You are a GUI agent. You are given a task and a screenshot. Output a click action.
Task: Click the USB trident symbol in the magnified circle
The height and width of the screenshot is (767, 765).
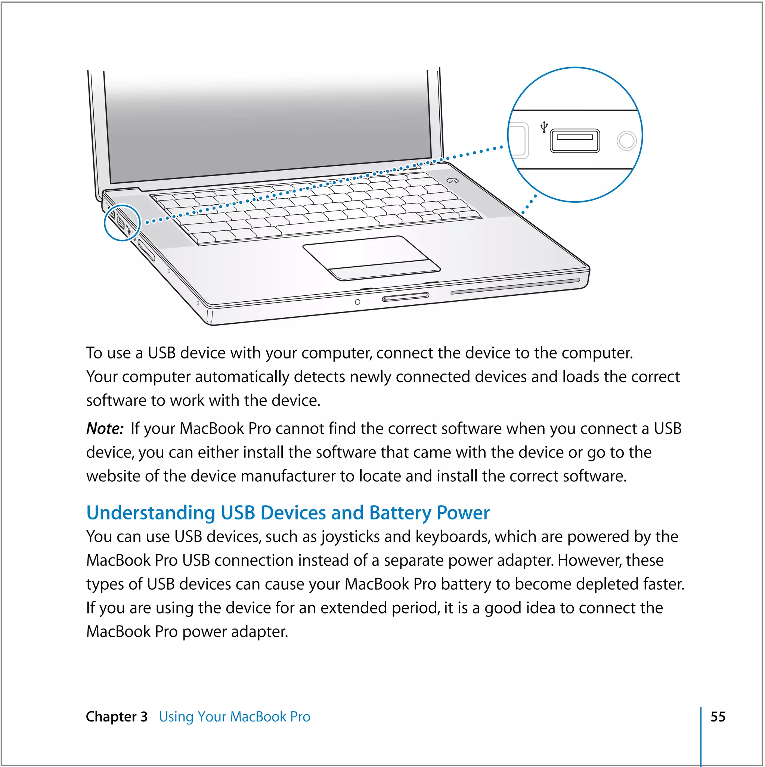544,127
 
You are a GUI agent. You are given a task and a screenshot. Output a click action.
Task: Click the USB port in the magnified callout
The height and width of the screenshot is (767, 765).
574,140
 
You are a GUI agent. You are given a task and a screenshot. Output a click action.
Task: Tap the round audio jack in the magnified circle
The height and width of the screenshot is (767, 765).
626,140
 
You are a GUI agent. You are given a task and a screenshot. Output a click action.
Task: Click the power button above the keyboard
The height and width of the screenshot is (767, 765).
453,181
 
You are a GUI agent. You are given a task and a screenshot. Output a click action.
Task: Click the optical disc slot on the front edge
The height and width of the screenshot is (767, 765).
515,286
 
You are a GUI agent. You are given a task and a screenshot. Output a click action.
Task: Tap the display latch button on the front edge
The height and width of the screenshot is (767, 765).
405,297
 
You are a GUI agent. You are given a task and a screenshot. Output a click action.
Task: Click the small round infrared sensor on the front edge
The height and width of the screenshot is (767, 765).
357,302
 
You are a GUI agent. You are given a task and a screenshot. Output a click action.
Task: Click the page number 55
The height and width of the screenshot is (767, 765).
717,717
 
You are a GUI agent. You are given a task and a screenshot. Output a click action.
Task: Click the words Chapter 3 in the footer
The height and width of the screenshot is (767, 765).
117,717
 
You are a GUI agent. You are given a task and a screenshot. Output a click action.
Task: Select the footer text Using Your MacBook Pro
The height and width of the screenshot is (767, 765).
234,717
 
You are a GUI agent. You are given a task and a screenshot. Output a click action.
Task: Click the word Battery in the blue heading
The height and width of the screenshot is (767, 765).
400,513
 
